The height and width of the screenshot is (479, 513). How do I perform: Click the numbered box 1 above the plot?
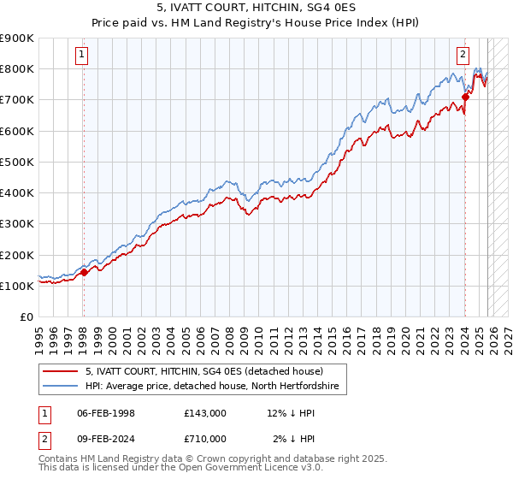83,54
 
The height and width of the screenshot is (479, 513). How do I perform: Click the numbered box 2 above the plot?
463,54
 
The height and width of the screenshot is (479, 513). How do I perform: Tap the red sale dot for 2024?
465,97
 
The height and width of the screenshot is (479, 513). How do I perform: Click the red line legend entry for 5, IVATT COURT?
203,371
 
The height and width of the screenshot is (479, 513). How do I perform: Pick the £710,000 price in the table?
204,439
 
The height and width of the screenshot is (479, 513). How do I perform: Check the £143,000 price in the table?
204,413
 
